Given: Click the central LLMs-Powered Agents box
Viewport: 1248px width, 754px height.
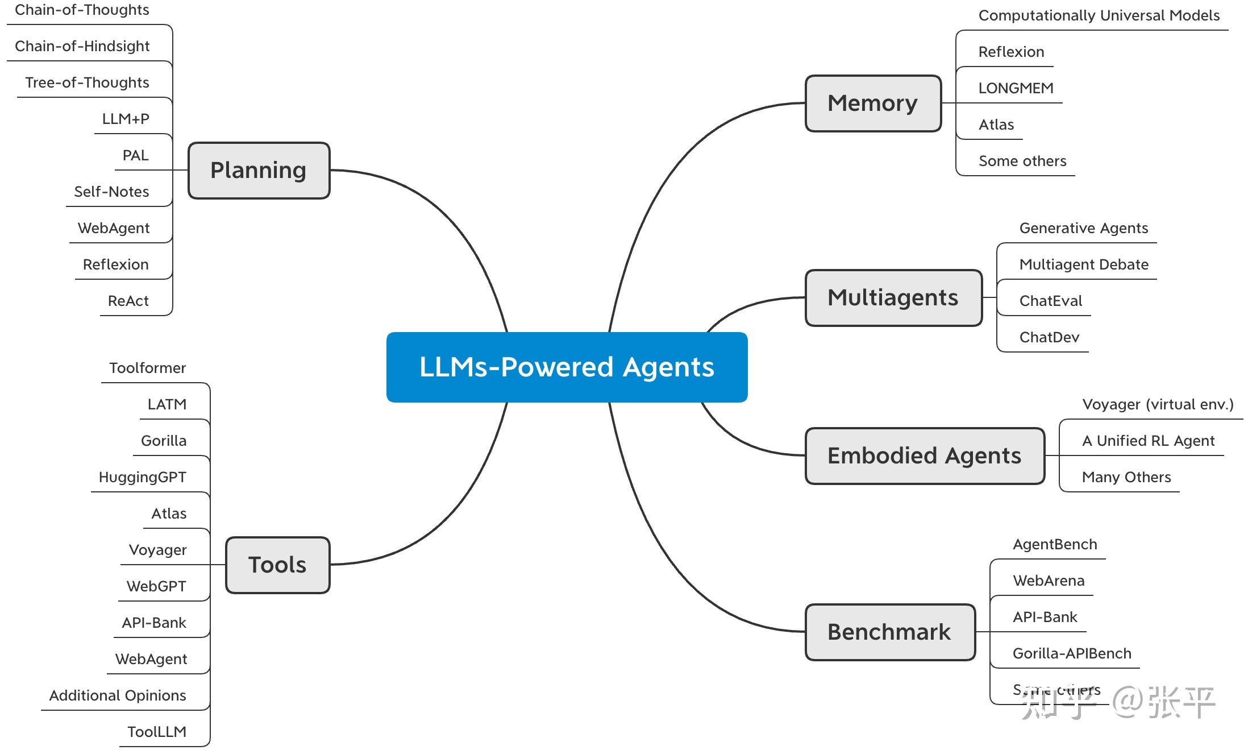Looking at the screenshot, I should coord(567,367).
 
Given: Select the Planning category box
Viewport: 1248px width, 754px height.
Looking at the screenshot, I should coord(259,171).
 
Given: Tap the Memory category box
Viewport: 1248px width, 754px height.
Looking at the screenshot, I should coord(873,103).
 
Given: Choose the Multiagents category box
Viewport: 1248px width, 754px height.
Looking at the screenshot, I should coord(893,298).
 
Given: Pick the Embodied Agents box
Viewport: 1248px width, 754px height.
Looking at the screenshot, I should coord(925,456).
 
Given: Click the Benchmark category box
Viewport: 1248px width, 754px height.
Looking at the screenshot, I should coord(890,632).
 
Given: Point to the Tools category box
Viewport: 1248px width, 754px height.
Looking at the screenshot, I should coord(277,565).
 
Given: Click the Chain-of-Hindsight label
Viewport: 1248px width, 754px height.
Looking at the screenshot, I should coord(82,47).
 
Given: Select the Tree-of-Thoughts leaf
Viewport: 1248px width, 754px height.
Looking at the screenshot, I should coord(87,83).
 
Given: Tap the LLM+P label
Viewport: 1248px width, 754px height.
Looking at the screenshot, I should coord(126,119).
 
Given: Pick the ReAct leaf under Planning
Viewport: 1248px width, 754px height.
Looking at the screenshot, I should coord(128,301).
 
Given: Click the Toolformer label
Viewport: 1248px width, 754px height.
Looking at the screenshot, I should coord(148,368).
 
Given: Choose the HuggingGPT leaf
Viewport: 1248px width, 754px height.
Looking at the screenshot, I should coord(143,478).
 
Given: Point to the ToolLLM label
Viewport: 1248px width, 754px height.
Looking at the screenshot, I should coord(157,732).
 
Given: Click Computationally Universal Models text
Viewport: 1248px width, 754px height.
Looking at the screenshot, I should coord(1099,16).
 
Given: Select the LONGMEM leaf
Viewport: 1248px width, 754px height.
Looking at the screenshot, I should coord(1016,89).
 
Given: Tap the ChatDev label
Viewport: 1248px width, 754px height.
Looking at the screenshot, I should coord(1049,338).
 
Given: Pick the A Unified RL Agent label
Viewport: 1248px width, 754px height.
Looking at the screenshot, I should coord(1148,441).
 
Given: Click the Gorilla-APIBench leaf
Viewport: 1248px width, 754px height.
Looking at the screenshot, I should coord(1072,654).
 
